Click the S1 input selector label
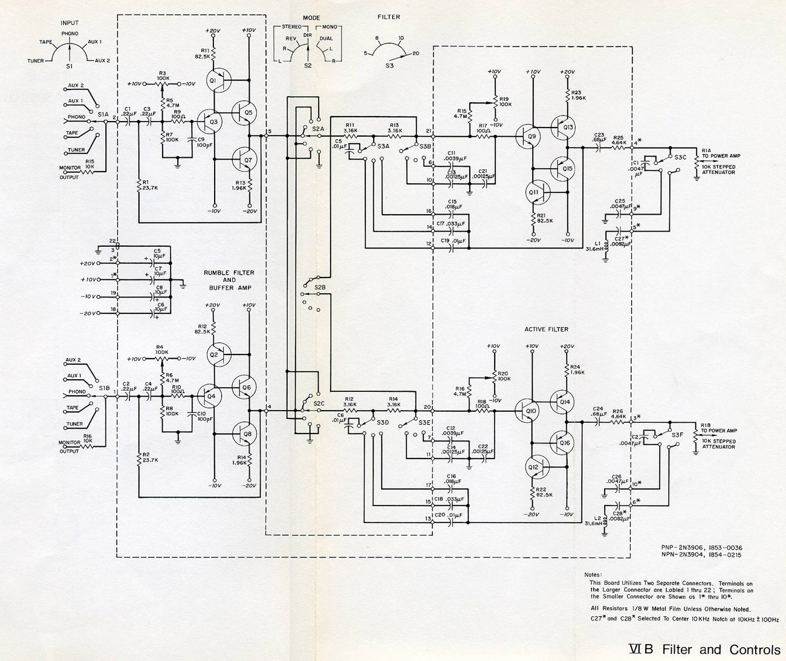69,65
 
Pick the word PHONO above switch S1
70,34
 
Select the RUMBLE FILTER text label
229,273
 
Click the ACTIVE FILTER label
547,330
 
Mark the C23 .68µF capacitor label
599,138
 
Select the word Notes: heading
593,575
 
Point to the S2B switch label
320,286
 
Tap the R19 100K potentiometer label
505,101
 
